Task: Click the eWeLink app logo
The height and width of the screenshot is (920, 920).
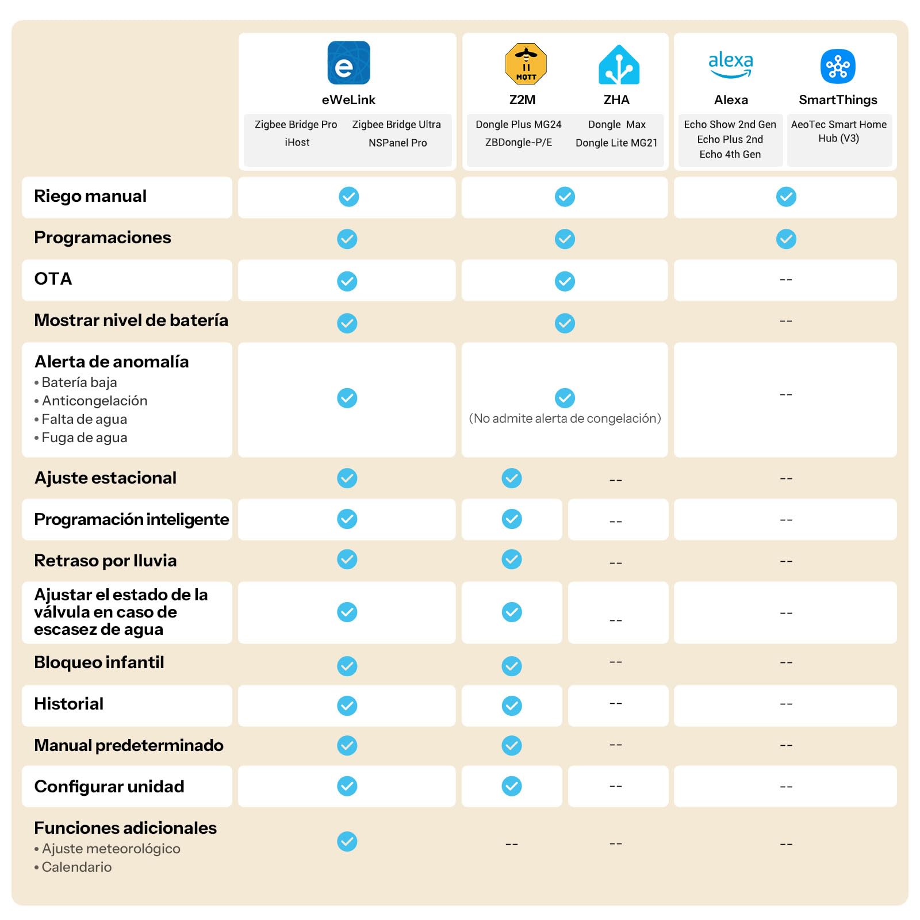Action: [348, 63]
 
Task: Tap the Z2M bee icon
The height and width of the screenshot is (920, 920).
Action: [526, 64]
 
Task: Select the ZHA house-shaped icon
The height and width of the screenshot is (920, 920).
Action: [619, 64]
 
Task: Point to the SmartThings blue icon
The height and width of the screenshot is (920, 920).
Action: [838, 66]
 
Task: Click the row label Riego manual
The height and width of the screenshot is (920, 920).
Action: [90, 196]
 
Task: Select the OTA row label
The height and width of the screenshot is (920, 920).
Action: [53, 279]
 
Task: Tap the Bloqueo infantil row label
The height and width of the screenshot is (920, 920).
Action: [99, 662]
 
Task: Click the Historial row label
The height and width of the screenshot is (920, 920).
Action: [69, 704]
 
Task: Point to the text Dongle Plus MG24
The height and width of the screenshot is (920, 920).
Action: [518, 124]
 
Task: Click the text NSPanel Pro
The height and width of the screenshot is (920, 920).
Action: [397, 143]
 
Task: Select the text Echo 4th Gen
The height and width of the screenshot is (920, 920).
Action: [730, 154]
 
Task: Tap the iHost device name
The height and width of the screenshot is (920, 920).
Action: [297, 142]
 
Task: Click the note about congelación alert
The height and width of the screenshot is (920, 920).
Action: [565, 418]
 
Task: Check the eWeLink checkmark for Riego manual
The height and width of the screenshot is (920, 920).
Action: [348, 197]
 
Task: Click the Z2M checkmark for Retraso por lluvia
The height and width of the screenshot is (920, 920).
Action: [512, 559]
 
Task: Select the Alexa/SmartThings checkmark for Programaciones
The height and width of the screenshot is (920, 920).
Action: [786, 239]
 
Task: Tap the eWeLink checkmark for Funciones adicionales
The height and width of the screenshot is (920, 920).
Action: [347, 841]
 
